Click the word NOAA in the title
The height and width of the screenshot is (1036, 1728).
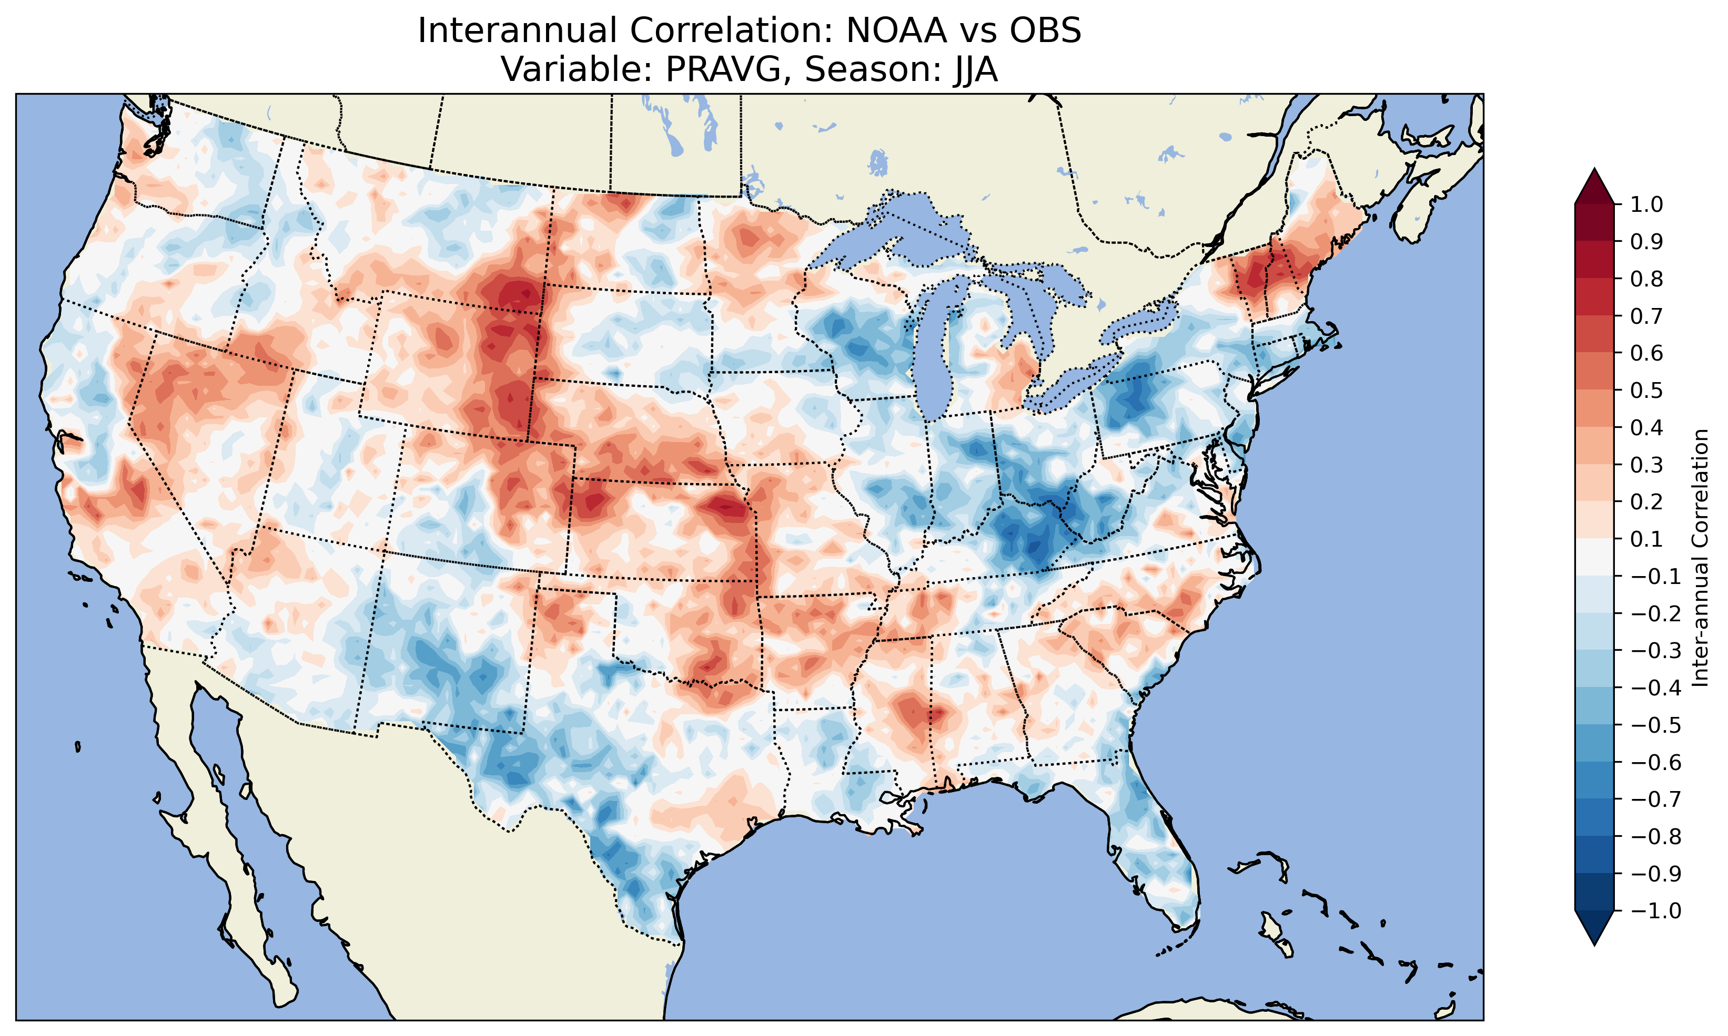[x=896, y=30]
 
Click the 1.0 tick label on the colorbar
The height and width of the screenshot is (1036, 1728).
[x=1646, y=204]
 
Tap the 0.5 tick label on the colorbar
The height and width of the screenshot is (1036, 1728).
[x=1646, y=390]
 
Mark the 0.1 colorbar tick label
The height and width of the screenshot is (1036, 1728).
[x=1646, y=539]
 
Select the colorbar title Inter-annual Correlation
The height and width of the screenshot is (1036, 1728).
[x=1700, y=558]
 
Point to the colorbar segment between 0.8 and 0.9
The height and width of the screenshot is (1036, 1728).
[x=1594, y=260]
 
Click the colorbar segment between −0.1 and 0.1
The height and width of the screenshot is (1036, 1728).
[x=1594, y=557]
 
